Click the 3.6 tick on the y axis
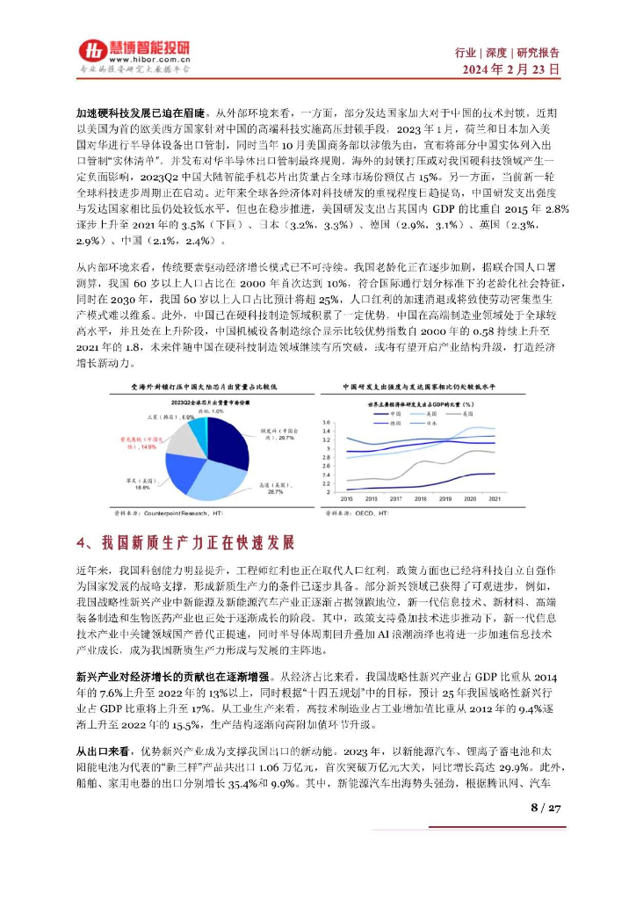(327, 423)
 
